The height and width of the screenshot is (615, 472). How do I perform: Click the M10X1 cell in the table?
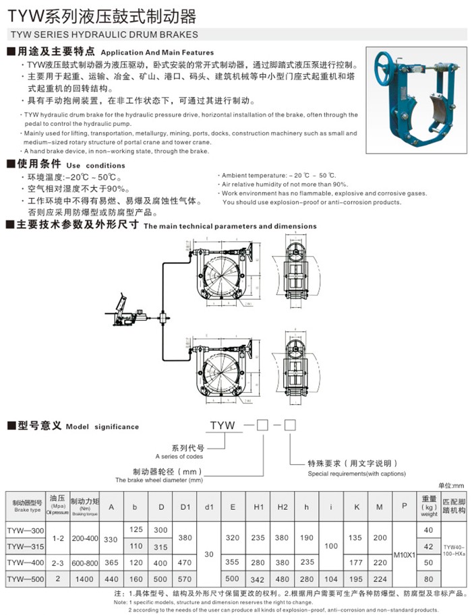tap(404, 554)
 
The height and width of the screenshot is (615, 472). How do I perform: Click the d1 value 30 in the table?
tap(209, 554)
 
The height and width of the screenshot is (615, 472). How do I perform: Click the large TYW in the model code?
tap(223, 426)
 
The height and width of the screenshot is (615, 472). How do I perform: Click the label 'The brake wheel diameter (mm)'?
tap(158, 480)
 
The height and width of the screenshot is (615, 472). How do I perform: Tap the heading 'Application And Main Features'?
tap(156, 52)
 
